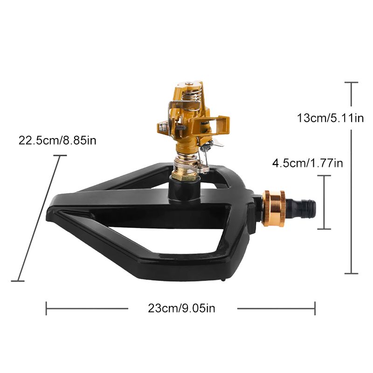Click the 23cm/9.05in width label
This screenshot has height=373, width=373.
(181, 308)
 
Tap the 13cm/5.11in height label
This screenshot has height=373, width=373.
(331, 118)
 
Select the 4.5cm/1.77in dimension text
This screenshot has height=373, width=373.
(308, 163)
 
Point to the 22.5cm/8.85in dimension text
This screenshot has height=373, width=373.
(57, 140)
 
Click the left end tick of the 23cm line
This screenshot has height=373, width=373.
(46, 309)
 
